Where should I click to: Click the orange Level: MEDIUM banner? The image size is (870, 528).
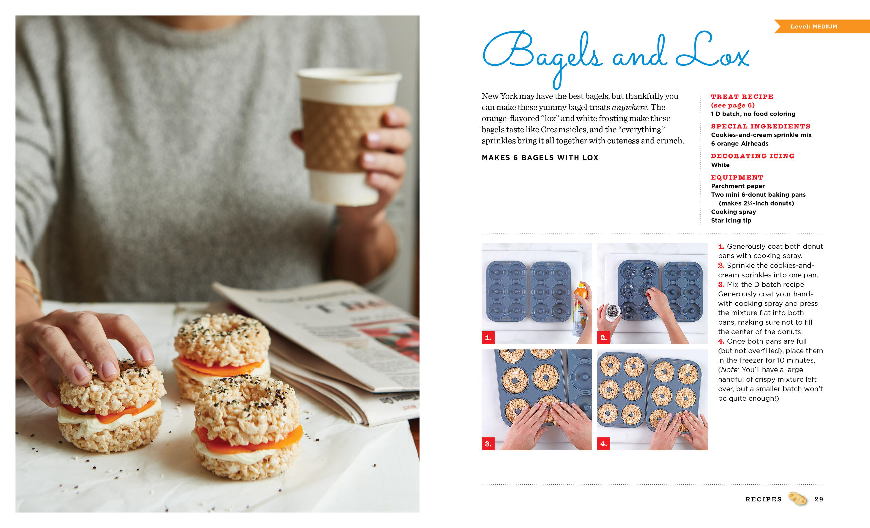tap(822, 26)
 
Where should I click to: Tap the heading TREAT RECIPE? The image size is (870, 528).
tap(742, 96)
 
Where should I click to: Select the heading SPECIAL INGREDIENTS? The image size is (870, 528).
tap(761, 126)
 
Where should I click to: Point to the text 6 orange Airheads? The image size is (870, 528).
tap(739, 144)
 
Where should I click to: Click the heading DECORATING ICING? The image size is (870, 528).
tap(753, 156)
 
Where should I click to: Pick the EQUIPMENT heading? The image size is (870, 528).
tap(737, 177)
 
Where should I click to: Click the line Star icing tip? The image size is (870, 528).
tap(731, 221)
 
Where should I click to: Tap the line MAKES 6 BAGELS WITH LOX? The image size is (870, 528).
tap(540, 158)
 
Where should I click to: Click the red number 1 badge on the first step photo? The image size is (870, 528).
tap(488, 338)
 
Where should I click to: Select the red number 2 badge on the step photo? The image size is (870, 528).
tap(603, 338)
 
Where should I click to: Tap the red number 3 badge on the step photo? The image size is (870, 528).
tap(488, 444)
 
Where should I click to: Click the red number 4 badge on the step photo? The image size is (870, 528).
tap(603, 444)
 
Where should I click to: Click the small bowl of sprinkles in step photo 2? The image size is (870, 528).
tap(613, 311)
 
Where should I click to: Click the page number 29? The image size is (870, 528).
tap(819, 499)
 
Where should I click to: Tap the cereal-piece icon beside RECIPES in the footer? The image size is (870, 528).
tap(798, 498)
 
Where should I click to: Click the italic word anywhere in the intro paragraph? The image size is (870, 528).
tap(629, 107)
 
